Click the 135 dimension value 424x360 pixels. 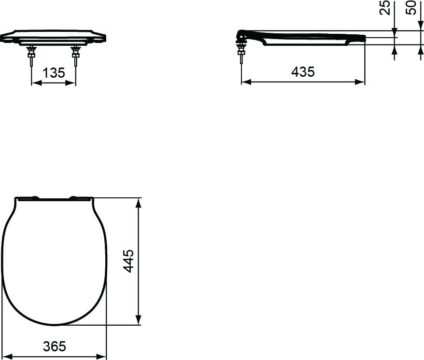pos(54,73)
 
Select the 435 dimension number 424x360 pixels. pos(303,72)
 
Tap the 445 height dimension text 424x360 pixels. pos(128,261)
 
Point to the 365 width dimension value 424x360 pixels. pos(54,346)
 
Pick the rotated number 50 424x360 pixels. pos(411,8)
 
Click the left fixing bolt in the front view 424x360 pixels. pos(32,56)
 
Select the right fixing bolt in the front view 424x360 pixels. pos(75,56)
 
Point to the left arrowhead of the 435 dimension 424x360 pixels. pos(245,82)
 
